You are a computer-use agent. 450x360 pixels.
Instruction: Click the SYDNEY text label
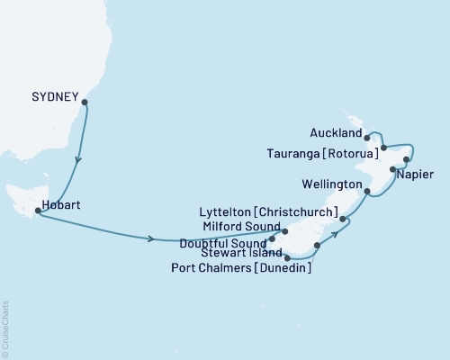pos(52,93)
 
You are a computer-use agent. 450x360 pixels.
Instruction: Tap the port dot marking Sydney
pos(85,102)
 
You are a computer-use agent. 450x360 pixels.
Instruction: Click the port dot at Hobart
pos(38,211)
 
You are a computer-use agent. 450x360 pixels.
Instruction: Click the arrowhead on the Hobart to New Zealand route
pos(150,238)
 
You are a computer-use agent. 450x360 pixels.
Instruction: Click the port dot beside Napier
pos(393,169)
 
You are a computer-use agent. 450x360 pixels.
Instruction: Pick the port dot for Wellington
pos(367,192)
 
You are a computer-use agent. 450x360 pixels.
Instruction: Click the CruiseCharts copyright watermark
pos(5,328)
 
